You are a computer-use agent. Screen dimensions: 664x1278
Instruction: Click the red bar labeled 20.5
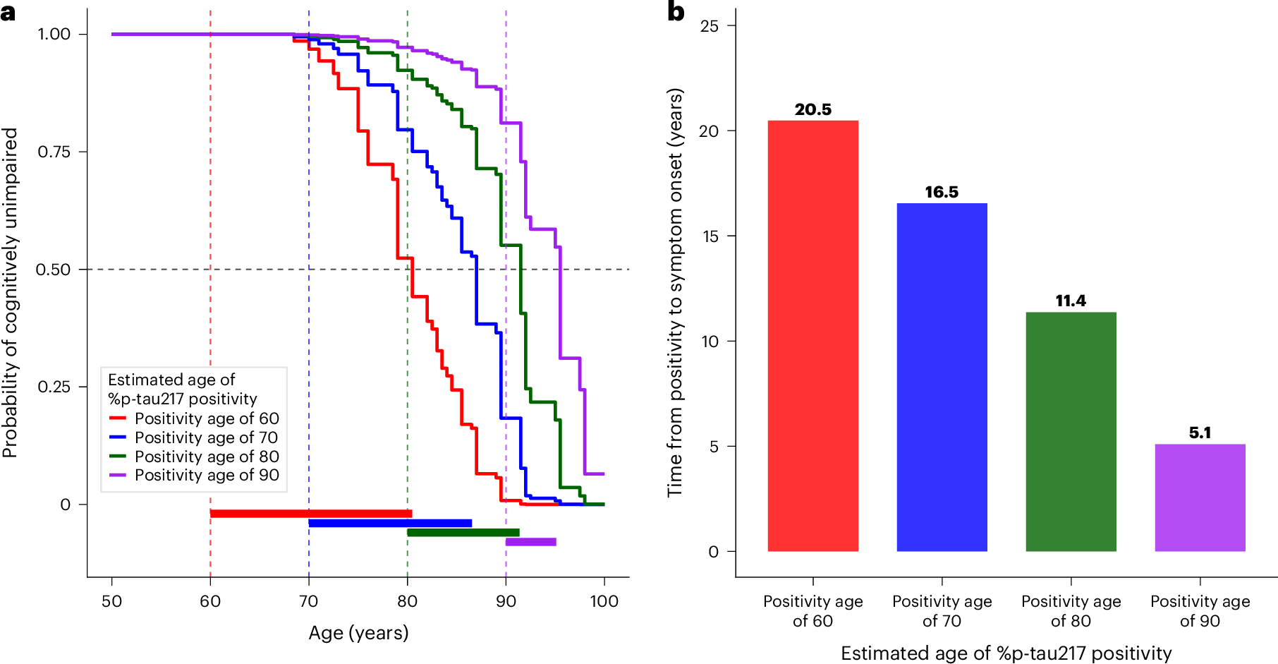813,336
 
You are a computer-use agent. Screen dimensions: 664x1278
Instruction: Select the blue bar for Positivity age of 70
942,377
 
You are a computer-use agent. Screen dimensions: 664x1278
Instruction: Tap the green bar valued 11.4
1071,431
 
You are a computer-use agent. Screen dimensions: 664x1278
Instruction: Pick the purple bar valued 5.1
1200,497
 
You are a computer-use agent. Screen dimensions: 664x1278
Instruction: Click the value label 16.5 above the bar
942,192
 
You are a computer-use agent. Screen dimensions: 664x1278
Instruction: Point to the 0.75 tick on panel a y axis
53,152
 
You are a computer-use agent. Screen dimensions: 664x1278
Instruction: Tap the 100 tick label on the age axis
604,601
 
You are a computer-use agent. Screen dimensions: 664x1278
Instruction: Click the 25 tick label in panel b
710,26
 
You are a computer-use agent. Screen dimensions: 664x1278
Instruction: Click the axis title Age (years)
358,633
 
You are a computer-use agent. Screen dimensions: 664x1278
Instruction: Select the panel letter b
676,12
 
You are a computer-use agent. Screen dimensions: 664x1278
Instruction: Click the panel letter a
8,12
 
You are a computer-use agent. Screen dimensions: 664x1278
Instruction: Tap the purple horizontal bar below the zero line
530,542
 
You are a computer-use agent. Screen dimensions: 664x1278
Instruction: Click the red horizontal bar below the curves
310,514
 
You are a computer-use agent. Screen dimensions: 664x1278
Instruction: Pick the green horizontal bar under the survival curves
463,533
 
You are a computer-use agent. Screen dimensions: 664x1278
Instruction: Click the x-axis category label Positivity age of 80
1071,610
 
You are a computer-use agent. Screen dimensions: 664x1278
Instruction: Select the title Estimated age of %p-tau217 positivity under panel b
1006,653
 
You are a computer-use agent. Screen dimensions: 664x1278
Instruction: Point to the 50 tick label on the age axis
111,601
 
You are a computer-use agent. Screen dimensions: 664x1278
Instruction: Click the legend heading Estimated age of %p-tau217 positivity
182,389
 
